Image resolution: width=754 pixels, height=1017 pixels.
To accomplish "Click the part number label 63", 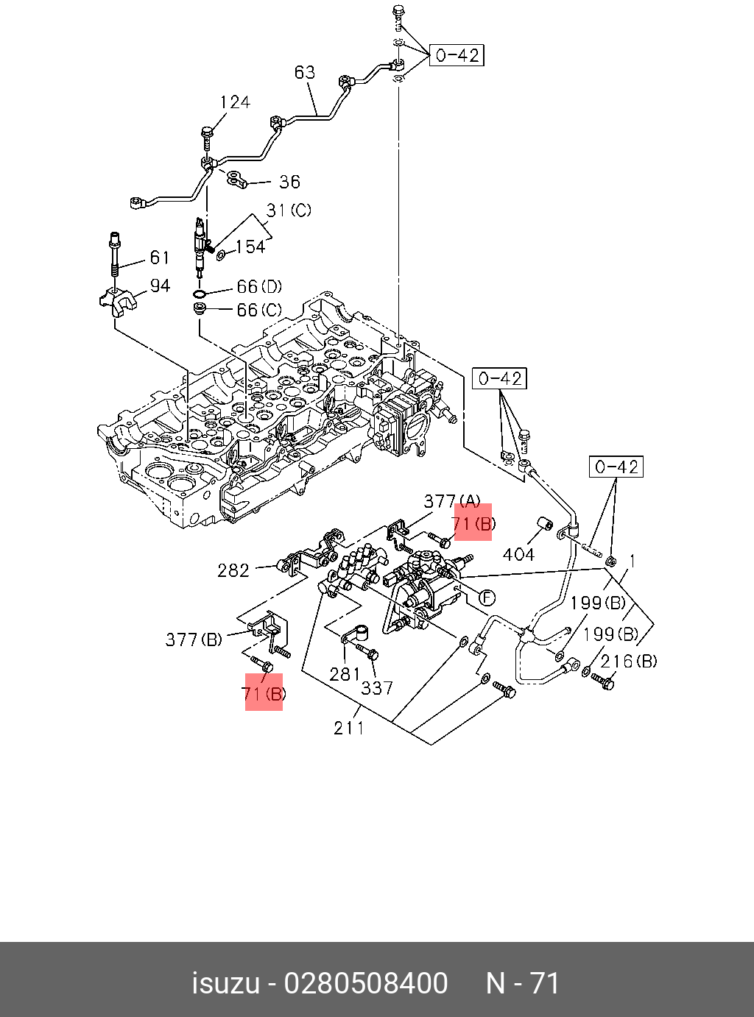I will pos(305,72).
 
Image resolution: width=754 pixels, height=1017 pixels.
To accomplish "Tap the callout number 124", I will pos(235,102).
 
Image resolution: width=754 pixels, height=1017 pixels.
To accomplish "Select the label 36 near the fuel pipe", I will pos(289,182).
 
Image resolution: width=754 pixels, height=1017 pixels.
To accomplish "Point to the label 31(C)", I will pos(289,210).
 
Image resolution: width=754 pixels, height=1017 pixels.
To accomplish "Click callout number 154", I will pos(250,247).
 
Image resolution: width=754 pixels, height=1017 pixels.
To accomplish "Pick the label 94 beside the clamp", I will pos(160,286).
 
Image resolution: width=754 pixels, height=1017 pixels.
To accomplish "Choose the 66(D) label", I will pos(259,286).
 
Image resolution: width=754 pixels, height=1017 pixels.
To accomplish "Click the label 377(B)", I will pos(194,639).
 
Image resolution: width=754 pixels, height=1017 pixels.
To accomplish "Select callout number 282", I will pos(233,570).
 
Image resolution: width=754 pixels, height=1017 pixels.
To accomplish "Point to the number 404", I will pos(518,554).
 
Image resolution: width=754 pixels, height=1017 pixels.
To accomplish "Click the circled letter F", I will pos(487,598).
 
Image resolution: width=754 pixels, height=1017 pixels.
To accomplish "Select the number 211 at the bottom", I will pos(349,728).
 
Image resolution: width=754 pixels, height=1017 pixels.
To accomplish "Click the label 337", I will pos(377,688).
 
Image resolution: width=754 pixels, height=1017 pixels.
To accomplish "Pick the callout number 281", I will pos(345,673).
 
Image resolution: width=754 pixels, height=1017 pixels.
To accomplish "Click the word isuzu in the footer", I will pos(225,983).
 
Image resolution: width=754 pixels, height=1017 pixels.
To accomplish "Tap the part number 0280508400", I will pos(366,983).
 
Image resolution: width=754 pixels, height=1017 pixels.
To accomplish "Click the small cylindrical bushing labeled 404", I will pos(546,523).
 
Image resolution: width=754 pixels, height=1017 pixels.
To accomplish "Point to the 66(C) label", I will pos(259,310).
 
